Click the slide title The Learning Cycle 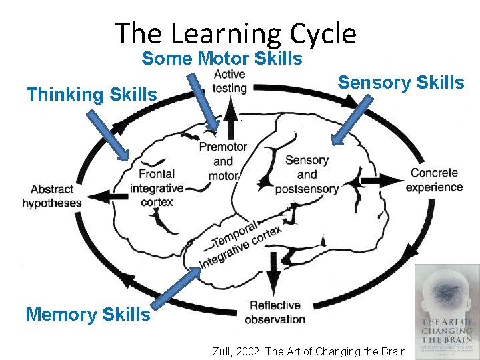(x=235, y=33)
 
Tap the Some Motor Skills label (x=221, y=59)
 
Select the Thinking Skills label (x=92, y=95)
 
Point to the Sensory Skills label (x=400, y=83)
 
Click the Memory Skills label (x=87, y=314)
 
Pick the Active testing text (x=229, y=81)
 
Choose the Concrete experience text (x=434, y=180)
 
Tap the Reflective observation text (x=275, y=312)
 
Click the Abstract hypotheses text (x=52, y=196)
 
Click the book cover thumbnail (x=446, y=311)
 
